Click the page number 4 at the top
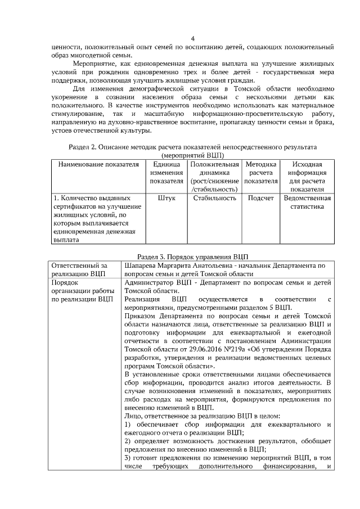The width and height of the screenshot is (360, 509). tap(193, 38)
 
